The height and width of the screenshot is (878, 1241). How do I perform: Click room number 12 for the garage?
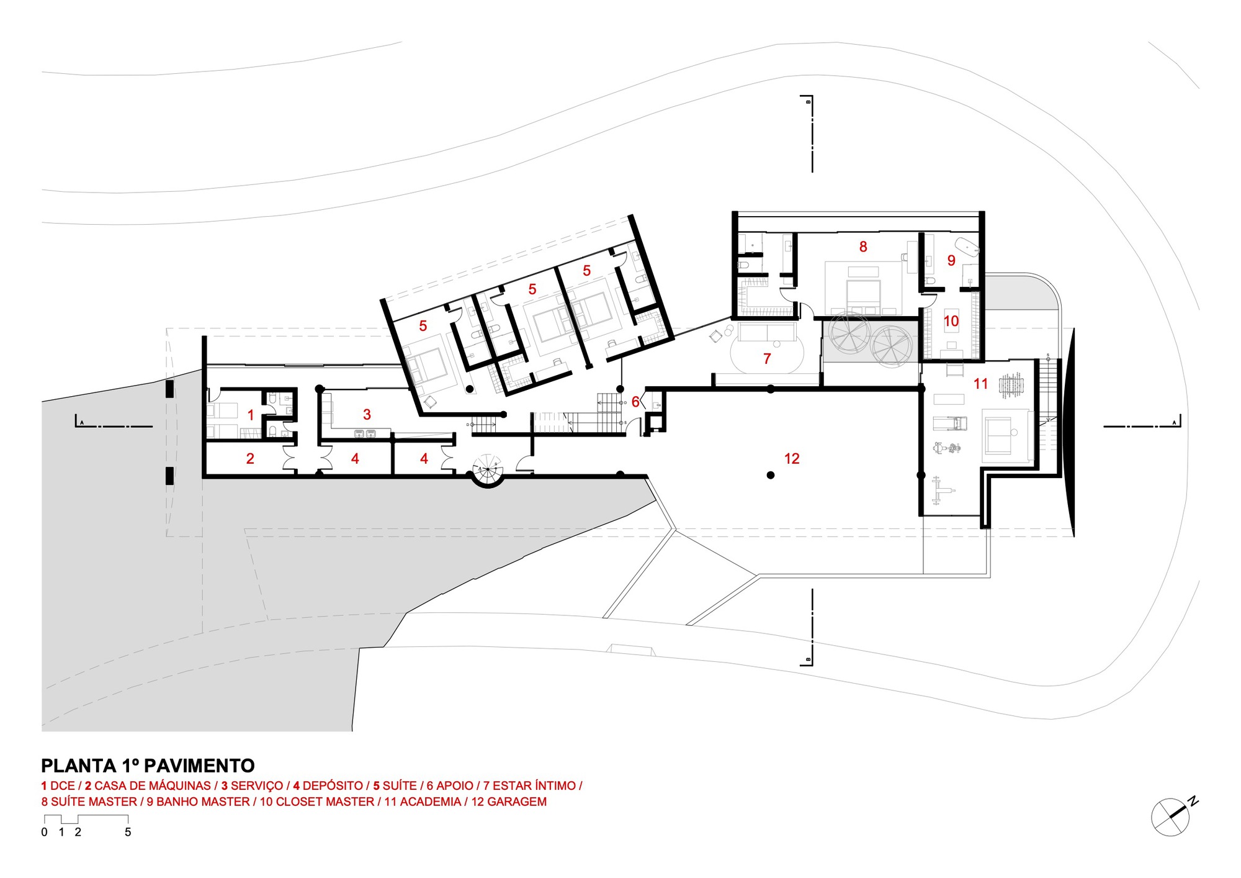[792, 459]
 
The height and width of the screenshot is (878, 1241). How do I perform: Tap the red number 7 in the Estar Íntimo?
[767, 359]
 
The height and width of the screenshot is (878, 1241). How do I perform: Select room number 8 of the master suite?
[863, 247]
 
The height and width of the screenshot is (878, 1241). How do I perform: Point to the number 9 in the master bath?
[951, 261]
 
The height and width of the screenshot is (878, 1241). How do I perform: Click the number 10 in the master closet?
[951, 321]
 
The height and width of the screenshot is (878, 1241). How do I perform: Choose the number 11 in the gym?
[980, 384]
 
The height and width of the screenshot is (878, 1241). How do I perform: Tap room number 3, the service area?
[367, 414]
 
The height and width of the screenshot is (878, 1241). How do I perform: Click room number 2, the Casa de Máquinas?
[250, 459]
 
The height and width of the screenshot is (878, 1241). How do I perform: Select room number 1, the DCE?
[251, 415]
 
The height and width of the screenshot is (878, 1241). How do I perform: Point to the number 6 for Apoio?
[635, 402]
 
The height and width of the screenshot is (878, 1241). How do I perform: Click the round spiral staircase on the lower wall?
[488, 471]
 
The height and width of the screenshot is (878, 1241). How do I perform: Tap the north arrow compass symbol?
[1172, 817]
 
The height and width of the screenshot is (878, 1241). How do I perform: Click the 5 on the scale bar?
[128, 832]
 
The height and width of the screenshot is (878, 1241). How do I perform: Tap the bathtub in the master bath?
[967, 246]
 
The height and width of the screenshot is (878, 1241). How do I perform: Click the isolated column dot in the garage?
[771, 475]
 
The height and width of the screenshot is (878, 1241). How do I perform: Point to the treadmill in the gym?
[950, 423]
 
